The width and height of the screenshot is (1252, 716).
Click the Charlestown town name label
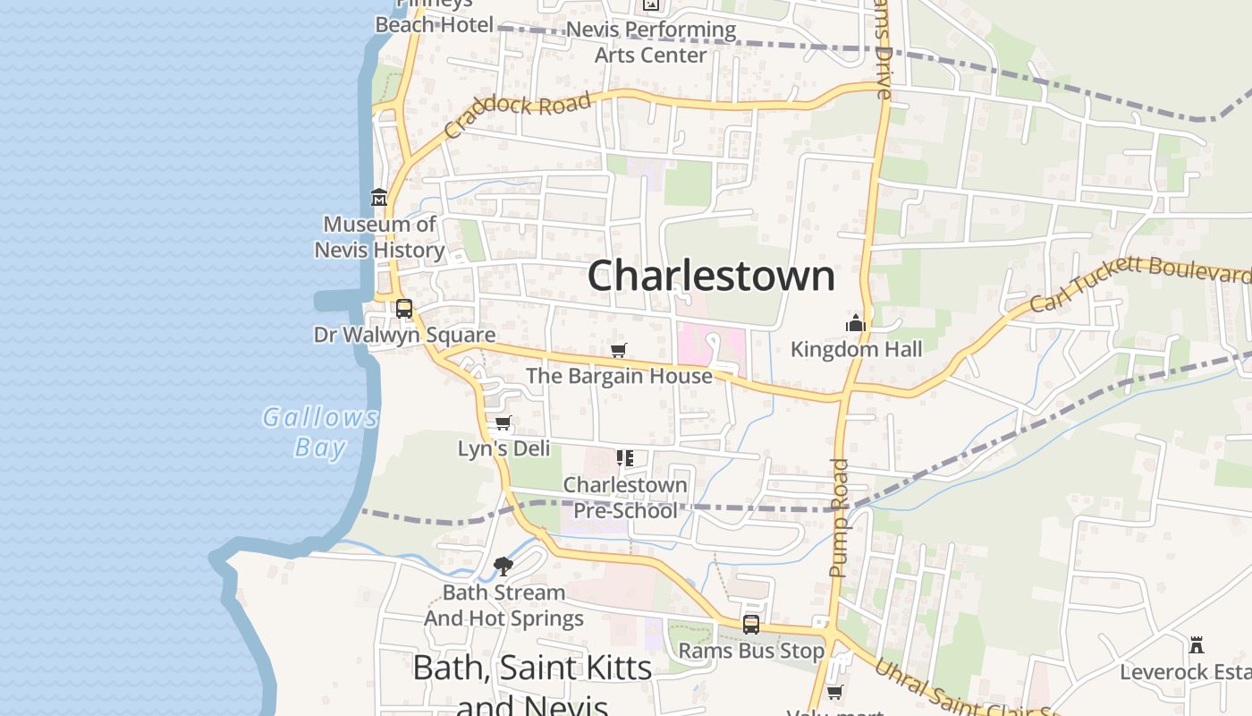click(x=711, y=275)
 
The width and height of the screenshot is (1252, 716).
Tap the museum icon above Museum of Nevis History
click(x=379, y=197)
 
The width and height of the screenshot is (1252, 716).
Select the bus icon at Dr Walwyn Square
click(x=404, y=309)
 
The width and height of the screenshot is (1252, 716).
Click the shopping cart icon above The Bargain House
click(x=618, y=350)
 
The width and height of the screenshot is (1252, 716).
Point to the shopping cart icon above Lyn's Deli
click(x=503, y=422)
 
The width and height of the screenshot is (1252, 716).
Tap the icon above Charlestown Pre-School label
click(x=625, y=459)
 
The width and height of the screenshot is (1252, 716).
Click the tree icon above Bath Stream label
click(x=503, y=566)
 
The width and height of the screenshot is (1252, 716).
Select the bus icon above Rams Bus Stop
click(x=751, y=625)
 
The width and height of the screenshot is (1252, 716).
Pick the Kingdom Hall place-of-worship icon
click(x=856, y=323)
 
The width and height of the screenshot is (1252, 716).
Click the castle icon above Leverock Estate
click(x=1197, y=644)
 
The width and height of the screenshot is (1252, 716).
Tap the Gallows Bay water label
click(x=320, y=431)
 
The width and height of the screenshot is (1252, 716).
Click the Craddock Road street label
click(x=518, y=113)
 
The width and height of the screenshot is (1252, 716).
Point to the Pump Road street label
click(x=838, y=516)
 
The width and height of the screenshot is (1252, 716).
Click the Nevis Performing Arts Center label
click(x=664, y=42)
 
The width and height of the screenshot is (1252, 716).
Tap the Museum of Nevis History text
click(x=379, y=237)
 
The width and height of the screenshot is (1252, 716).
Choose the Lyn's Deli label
click(x=503, y=448)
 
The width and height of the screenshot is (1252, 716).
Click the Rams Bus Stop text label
click(x=751, y=651)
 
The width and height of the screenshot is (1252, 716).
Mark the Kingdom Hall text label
click(x=856, y=349)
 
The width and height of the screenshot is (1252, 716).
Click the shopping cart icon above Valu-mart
click(x=834, y=692)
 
